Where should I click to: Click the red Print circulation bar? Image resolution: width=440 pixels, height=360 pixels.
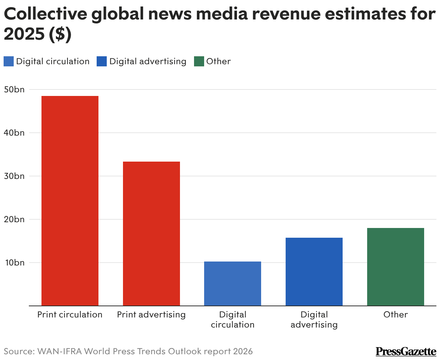click(70, 201)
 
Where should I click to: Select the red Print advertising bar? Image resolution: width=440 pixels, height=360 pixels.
click(151, 233)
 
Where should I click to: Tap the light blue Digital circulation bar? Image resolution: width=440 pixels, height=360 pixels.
click(233, 284)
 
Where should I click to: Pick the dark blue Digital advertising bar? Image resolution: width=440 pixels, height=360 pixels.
click(314, 272)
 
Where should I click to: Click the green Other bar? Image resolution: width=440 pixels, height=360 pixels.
click(395, 267)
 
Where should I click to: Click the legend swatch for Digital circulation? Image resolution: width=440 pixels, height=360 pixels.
click(8, 62)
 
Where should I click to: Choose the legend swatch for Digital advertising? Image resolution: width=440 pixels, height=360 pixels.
click(102, 62)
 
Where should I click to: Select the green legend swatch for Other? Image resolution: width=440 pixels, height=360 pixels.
click(199, 62)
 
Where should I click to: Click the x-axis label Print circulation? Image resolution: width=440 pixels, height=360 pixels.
click(70, 315)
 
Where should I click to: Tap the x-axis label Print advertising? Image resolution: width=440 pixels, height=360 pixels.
click(151, 315)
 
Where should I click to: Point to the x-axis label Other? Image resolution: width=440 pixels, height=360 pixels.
click(395, 315)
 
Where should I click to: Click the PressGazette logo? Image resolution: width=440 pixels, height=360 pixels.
click(406, 351)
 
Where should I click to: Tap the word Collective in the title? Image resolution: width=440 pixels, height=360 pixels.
click(44, 14)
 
